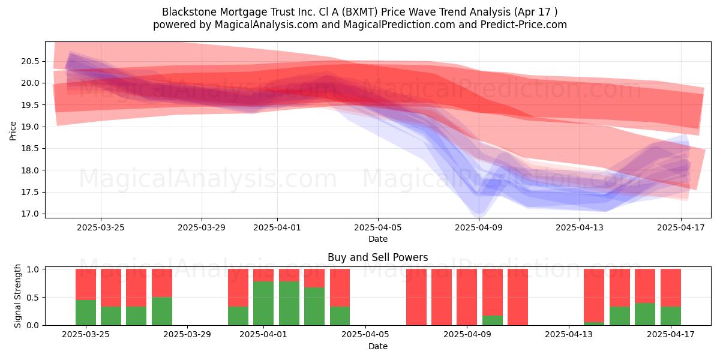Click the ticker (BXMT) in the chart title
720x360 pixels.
point(359,12)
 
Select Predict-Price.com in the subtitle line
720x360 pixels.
point(524,25)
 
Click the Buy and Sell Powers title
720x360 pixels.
point(377,257)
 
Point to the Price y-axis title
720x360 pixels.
point(13,131)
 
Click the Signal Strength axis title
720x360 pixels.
point(17,296)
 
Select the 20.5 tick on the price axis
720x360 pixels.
point(30,61)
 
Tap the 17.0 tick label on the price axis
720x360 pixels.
point(30,214)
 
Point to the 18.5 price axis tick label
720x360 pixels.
point(30,148)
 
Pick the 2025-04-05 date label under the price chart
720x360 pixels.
point(377,227)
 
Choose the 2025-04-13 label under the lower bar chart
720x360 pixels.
point(569,334)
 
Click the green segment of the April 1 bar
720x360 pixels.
point(263,303)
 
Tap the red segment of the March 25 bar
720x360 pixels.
point(85,284)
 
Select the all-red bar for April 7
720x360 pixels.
point(416,296)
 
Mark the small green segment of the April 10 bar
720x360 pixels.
point(493,320)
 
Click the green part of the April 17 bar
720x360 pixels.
point(671,316)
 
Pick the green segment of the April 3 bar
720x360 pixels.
point(314,306)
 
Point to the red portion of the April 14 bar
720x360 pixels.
point(594,295)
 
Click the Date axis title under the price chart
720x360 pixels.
point(377,239)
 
